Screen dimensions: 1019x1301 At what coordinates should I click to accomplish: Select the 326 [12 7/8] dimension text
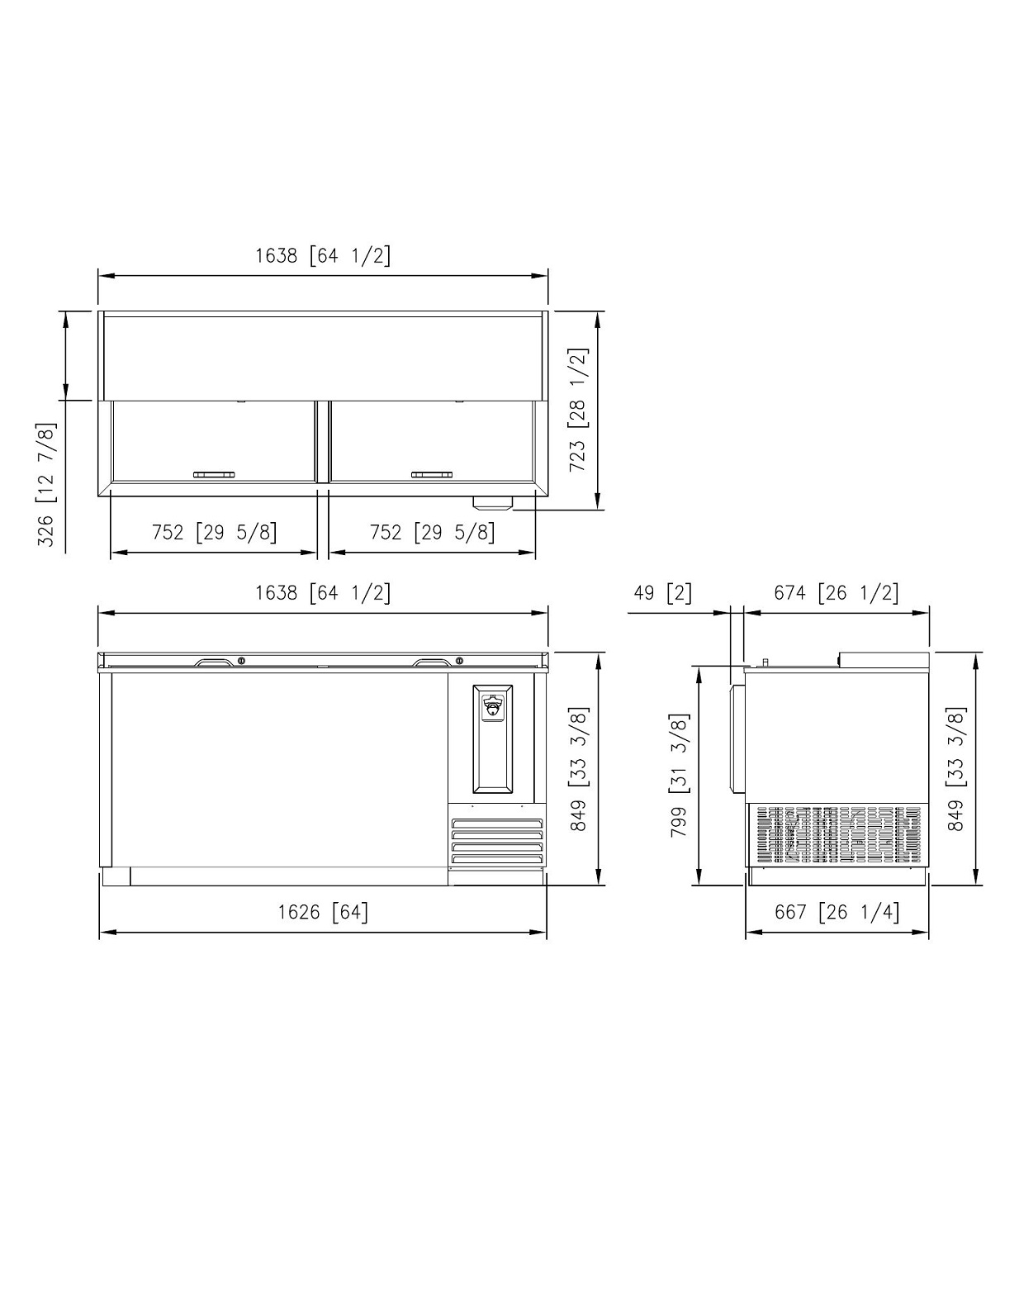point(46,484)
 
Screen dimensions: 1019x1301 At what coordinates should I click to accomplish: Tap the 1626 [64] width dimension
point(323,912)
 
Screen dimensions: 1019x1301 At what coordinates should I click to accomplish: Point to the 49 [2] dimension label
point(662,593)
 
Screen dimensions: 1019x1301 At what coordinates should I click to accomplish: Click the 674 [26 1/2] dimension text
point(837,593)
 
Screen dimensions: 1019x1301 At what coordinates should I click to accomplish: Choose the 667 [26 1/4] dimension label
point(837,912)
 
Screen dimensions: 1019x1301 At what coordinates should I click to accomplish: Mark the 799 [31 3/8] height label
point(680,775)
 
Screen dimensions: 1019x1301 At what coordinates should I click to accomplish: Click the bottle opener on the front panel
point(492,708)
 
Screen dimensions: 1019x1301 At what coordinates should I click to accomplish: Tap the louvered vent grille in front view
point(496,841)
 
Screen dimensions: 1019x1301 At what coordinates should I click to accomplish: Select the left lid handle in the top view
point(214,475)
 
